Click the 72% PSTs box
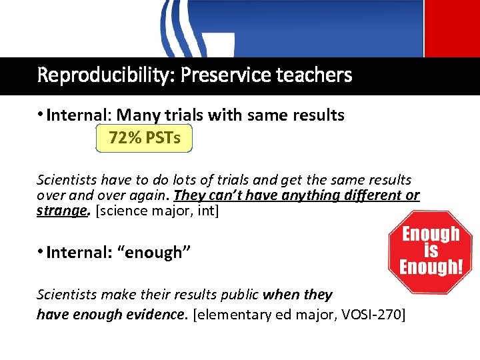[145, 139]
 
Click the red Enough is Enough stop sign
[430, 251]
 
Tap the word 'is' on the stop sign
[430, 251]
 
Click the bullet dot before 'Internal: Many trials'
[41, 115]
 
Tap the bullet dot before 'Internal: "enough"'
[41, 252]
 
